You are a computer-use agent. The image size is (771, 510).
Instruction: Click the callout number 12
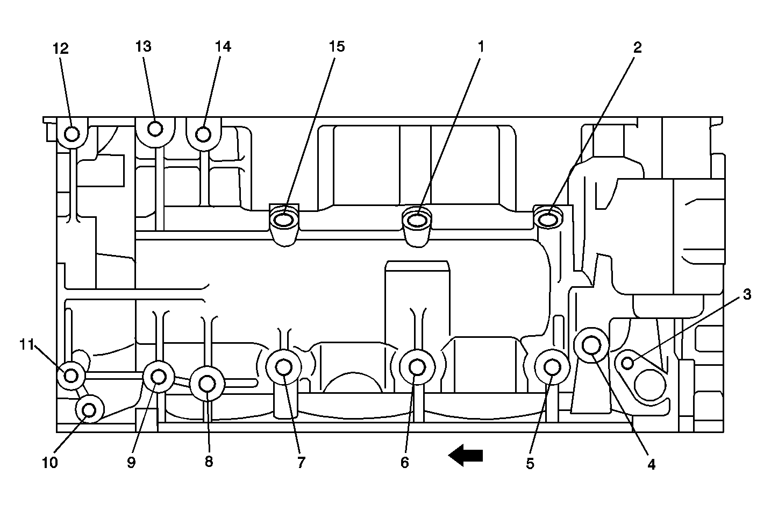tap(61, 48)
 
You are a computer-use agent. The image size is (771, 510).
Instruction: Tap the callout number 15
tap(337, 47)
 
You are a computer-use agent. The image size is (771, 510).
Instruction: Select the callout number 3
tap(747, 294)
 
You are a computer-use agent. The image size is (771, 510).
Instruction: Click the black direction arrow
tap(466, 456)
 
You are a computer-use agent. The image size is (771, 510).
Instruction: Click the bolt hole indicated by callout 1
tap(417, 220)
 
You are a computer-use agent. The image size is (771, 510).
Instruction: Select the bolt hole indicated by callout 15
tap(283, 220)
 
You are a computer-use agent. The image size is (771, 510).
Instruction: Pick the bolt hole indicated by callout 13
tap(155, 129)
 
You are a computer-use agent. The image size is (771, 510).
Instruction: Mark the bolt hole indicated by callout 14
tap(203, 133)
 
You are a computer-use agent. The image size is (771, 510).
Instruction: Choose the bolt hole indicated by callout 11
tap(71, 376)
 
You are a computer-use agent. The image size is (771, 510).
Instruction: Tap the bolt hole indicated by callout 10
tap(89, 410)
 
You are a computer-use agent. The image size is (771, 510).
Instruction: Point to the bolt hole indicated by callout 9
tap(159, 377)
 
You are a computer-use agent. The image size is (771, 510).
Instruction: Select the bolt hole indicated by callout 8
tap(208, 384)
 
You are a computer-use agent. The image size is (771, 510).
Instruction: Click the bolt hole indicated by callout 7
tap(283, 367)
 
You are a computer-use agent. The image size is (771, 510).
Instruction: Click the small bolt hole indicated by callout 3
tap(627, 363)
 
